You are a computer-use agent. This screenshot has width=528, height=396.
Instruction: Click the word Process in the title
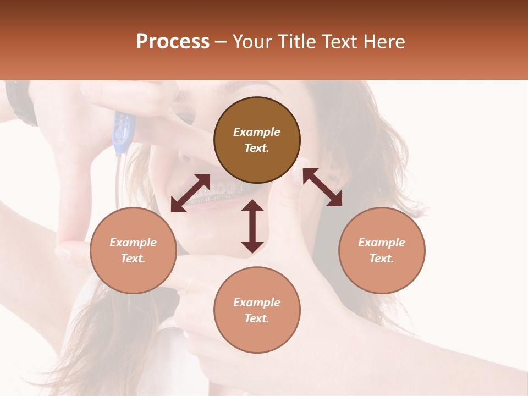[173, 42]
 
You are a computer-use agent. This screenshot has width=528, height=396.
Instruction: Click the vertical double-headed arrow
[252, 226]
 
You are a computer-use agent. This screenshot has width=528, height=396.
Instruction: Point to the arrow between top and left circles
[190, 193]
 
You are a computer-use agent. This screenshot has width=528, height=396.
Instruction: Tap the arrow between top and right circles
[322, 187]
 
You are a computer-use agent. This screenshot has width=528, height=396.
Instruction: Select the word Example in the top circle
[257, 132]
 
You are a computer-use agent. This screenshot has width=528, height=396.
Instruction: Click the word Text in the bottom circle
[257, 318]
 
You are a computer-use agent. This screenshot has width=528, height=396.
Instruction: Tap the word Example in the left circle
[133, 243]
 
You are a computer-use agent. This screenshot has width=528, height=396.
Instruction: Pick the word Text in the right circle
[382, 258]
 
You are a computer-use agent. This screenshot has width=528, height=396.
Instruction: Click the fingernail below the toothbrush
[65, 254]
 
